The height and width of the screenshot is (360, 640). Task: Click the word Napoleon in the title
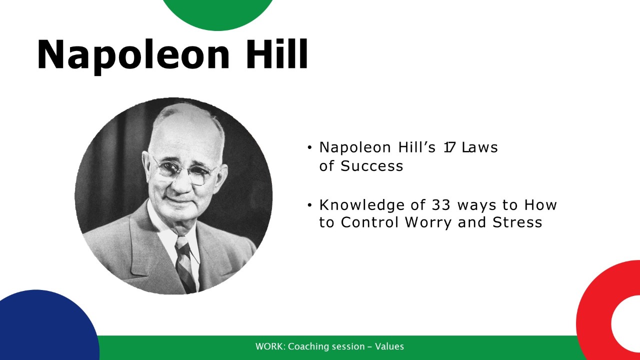pos(133,56)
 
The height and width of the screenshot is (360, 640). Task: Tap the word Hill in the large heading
pos(277,54)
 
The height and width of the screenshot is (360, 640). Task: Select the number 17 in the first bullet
pos(449,147)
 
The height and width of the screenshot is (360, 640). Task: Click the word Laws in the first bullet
pos(480,147)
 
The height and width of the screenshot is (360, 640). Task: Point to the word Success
pos(371,165)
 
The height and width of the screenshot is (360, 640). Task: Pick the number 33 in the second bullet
pos(441,205)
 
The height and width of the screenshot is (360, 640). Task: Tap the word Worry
pos(428,222)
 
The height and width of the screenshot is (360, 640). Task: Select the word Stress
pos(517,222)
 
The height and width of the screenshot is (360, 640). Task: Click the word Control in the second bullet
pos(369,222)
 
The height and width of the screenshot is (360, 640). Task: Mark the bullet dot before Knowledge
pos(309,205)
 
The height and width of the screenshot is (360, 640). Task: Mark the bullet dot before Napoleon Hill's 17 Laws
pos(309,147)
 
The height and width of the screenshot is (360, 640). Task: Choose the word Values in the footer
pos(389,346)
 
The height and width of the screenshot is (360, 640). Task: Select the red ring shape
pos(595,317)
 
